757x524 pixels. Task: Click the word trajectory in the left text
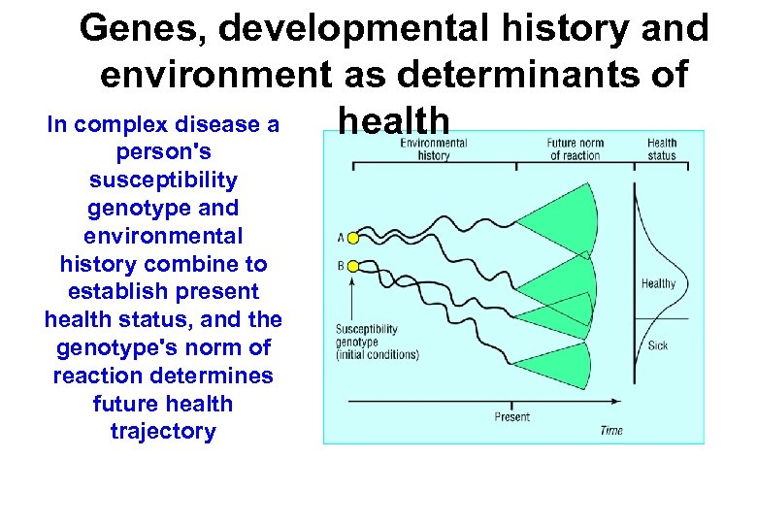(163, 432)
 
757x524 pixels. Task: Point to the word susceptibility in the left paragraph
(163, 180)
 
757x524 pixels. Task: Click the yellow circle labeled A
(353, 238)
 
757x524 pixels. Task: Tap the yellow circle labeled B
(353, 266)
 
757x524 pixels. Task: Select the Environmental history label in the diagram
(433, 148)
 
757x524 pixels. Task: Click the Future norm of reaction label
(575, 148)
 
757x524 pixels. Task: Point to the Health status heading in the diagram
(662, 148)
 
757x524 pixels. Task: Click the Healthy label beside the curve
(658, 284)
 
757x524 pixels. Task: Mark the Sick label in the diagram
(657, 345)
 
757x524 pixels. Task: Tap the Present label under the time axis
(511, 417)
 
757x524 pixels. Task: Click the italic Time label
(611, 430)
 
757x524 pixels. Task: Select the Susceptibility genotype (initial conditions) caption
(378, 342)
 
